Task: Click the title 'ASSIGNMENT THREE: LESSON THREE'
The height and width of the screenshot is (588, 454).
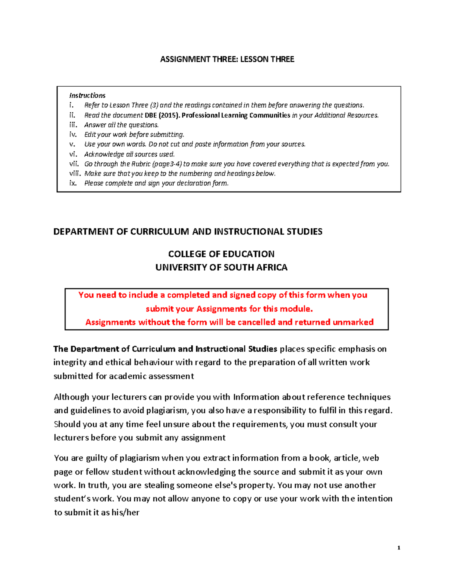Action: (227, 59)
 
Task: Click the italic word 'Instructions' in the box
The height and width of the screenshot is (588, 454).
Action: (87, 95)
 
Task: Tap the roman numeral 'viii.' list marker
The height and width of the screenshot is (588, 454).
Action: (75, 173)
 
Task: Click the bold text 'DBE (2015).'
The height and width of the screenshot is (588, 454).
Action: (162, 115)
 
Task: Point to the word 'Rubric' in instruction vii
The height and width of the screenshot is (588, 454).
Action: (141, 164)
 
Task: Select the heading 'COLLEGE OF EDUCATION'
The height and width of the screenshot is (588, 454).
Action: (221, 254)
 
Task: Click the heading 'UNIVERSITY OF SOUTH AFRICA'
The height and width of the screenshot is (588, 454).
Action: (221, 267)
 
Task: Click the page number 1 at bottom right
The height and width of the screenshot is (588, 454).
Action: (398, 548)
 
